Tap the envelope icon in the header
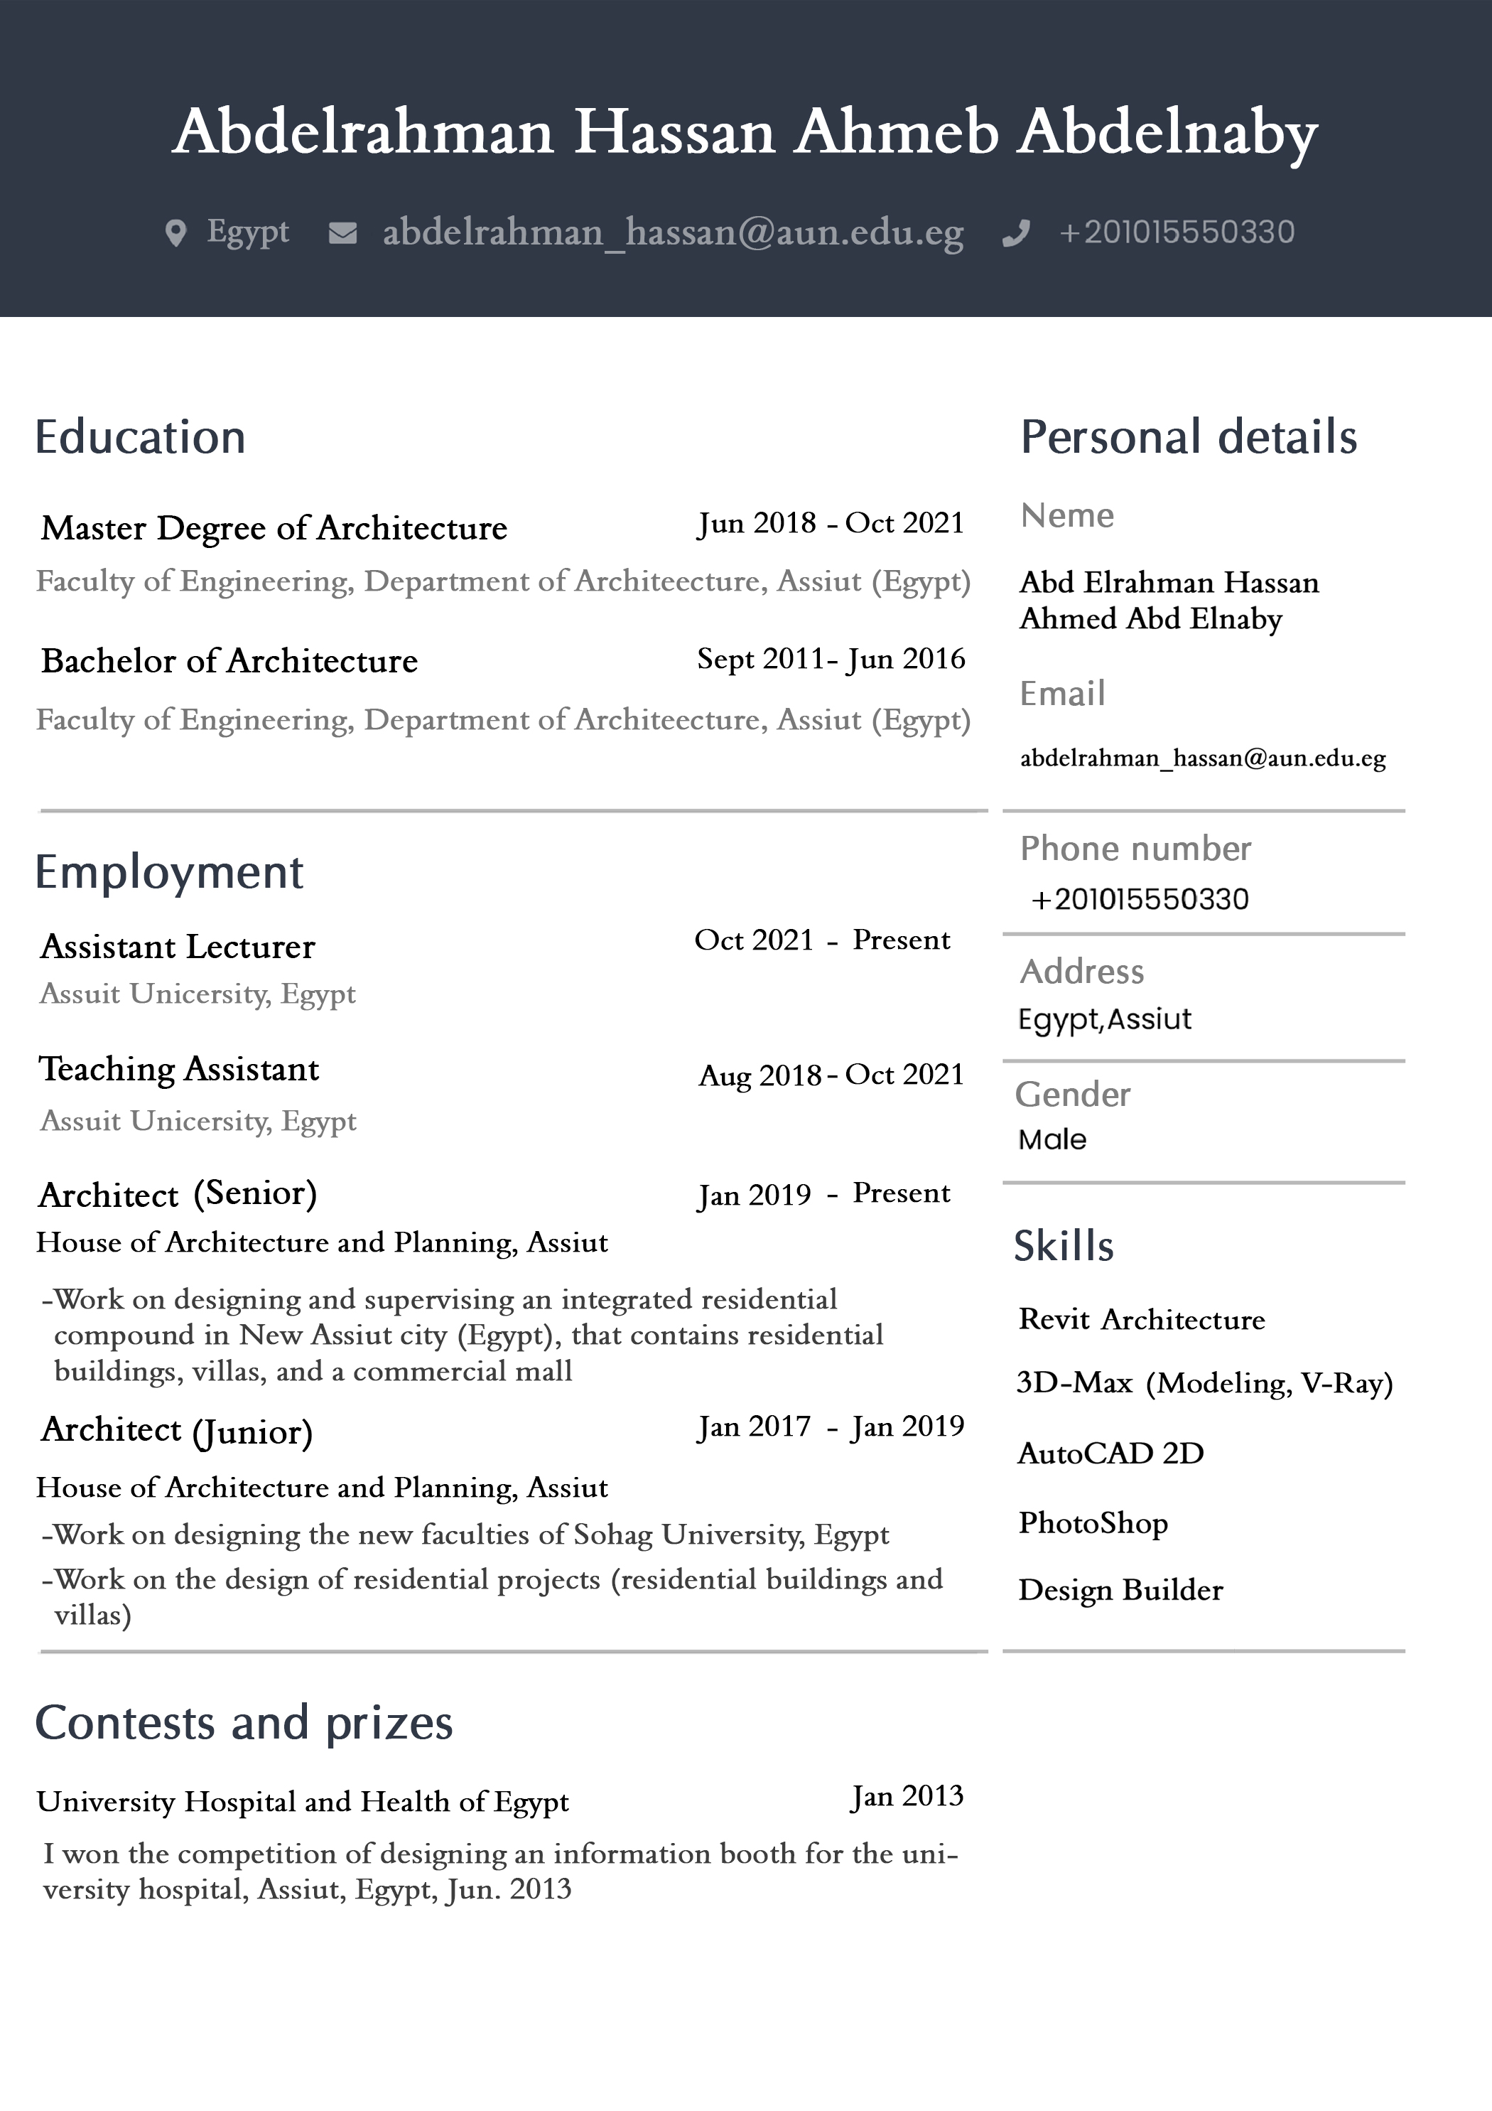click(x=343, y=234)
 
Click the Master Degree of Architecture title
click(x=274, y=527)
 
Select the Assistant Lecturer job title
click(x=178, y=946)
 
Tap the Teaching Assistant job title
click(x=179, y=1069)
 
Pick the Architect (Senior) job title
click(x=178, y=1193)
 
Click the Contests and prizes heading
click(x=244, y=1722)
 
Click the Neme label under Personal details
click(x=1067, y=516)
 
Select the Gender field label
click(x=1073, y=1094)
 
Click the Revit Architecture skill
click(x=1142, y=1319)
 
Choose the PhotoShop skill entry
click(x=1093, y=1522)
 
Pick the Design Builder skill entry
click(x=1120, y=1590)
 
